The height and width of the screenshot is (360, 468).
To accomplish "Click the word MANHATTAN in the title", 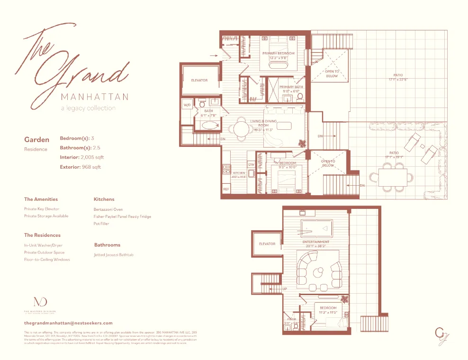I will pos(95,97).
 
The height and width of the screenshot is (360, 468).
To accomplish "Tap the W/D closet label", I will pos(187,105).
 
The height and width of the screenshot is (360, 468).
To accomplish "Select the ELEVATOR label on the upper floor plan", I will pos(199,81).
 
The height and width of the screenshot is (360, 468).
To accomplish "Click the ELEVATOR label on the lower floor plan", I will pos(267,244).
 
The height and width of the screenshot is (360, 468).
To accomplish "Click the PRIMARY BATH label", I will pos(291,87).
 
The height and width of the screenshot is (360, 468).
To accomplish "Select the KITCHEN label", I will pos(239,173).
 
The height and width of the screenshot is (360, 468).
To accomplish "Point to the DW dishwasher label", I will pos(251,164).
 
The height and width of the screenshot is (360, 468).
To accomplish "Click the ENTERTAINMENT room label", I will pos(316,242).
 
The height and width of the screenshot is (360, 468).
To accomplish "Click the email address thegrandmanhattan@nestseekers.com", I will pos(68,323).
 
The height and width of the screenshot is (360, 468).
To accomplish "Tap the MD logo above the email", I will pos(40,302).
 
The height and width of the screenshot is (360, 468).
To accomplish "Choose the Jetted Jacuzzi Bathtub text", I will pos(114,255).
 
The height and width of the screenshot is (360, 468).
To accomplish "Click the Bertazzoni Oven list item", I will pos(108,209).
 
